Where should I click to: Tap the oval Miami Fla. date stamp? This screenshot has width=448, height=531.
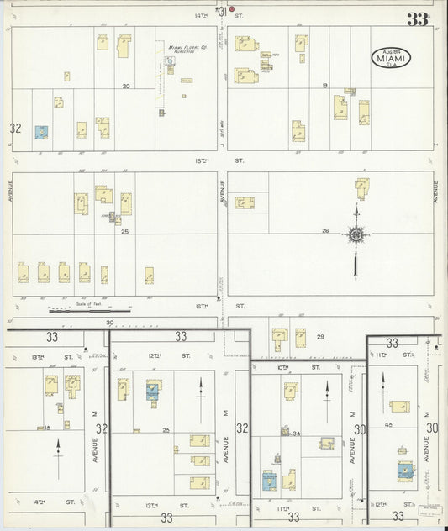pos(392,57)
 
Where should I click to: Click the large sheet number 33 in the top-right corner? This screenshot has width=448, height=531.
pos(417,18)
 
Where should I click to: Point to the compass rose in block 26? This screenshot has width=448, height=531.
pos(356,236)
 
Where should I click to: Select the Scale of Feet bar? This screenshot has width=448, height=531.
pos(88,310)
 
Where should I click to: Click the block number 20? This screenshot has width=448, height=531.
pos(126,86)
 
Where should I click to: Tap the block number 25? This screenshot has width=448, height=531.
pos(124,231)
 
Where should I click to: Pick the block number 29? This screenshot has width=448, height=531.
pos(319,336)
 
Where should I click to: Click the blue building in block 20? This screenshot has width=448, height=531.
pos(41,132)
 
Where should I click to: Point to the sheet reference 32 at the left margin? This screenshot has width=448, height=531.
pos(14,128)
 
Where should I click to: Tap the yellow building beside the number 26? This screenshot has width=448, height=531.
pos(361,187)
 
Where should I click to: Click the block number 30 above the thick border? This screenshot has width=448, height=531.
pos(109,322)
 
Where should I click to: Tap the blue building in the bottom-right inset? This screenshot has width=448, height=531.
pos(405,470)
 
